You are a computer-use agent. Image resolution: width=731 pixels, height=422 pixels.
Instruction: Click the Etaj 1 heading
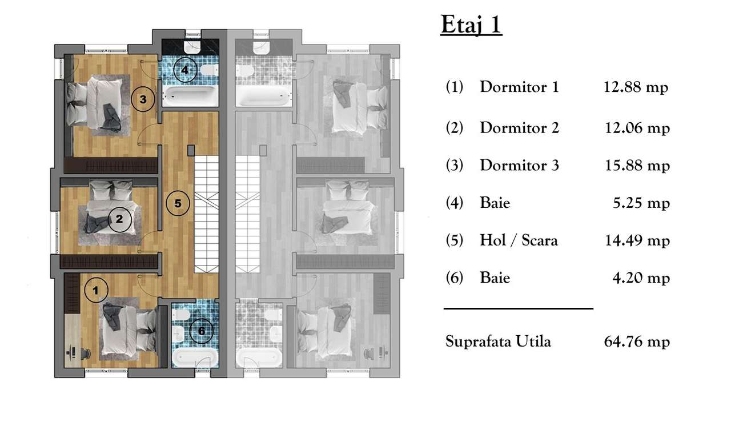pos(471,26)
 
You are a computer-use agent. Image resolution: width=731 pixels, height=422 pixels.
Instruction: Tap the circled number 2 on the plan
pos(119,219)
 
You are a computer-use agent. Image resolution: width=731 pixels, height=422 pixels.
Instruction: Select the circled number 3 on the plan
pos(143,100)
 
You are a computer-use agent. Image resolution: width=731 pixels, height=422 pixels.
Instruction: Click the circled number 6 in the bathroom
pos(201,331)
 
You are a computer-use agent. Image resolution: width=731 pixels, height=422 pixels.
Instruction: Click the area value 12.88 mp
pos(636,88)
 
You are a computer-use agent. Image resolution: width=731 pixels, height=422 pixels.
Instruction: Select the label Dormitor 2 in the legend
pos(519,128)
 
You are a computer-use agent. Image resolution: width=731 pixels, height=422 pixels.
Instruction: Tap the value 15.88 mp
pos(637,166)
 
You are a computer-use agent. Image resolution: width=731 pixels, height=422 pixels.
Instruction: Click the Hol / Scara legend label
pos(519,240)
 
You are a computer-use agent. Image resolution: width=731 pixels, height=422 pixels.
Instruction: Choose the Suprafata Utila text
pos(498,342)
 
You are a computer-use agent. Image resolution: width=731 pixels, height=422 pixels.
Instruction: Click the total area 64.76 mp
pos(636,342)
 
